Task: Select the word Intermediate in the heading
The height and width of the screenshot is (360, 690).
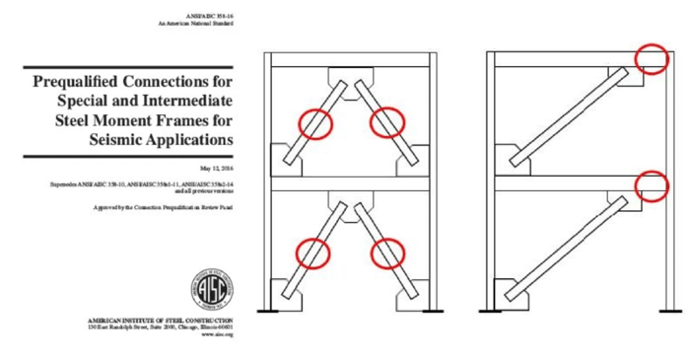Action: (187, 101)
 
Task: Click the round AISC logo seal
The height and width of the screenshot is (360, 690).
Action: (210, 287)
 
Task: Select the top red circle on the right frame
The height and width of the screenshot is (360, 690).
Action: (652, 58)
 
